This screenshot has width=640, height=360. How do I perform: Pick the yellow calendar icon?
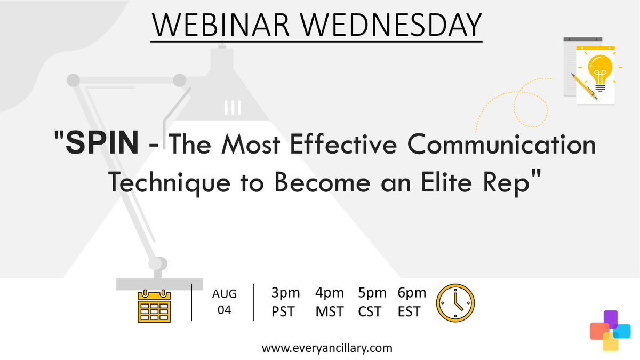pos(154,306)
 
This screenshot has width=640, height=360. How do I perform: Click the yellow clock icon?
pos(455,302)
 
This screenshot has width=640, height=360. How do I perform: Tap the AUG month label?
pos(224,294)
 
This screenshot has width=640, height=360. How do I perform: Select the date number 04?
pos(224,310)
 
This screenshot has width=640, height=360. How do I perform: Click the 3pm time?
pos(285,293)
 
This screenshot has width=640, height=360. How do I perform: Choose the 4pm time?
pos(330,293)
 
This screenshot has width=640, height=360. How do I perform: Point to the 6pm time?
pos(412,293)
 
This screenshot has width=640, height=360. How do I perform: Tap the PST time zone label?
pos(283,311)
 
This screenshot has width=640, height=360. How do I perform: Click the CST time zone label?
pos(370,311)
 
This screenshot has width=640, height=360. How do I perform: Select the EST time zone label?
pos(409,311)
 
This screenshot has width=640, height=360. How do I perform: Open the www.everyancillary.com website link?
pos(327,348)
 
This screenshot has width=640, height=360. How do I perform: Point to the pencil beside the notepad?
pos(583,86)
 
